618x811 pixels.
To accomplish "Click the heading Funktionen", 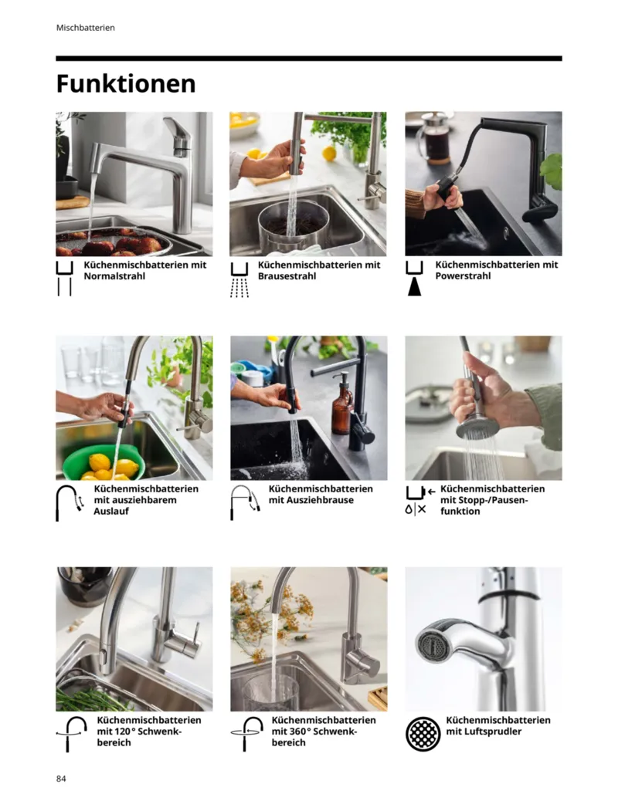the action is (126, 84).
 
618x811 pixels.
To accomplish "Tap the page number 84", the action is (61, 779).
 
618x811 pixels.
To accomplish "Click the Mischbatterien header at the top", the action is (86, 28).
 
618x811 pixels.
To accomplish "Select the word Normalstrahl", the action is (114, 276).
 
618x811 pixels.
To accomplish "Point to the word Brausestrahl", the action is (287, 276).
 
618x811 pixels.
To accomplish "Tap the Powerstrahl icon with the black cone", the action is (414, 279).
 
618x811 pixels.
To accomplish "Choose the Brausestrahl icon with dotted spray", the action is (239, 279).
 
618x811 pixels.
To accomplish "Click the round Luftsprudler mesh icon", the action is (423, 734).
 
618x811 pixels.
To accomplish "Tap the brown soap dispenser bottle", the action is (342, 405).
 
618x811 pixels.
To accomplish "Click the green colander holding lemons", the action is (101, 462).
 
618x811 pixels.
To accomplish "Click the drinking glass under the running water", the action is (271, 691).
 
